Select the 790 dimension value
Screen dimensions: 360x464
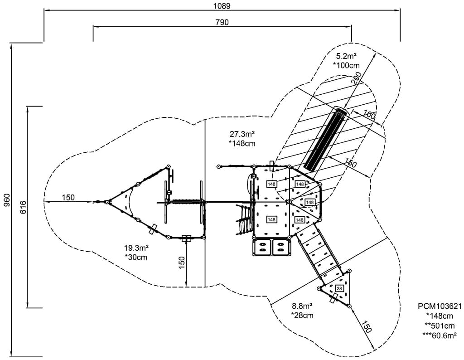[x=222, y=22]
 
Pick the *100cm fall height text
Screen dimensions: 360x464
[x=346, y=65]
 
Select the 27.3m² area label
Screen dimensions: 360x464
[x=242, y=134]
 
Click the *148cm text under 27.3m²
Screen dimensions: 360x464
[x=242, y=143]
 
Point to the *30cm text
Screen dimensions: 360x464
[x=136, y=257]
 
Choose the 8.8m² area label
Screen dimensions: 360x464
[x=303, y=306]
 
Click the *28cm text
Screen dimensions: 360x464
[x=303, y=315]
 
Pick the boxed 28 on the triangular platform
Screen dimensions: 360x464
[x=339, y=288]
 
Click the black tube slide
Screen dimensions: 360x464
[x=326, y=138]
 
